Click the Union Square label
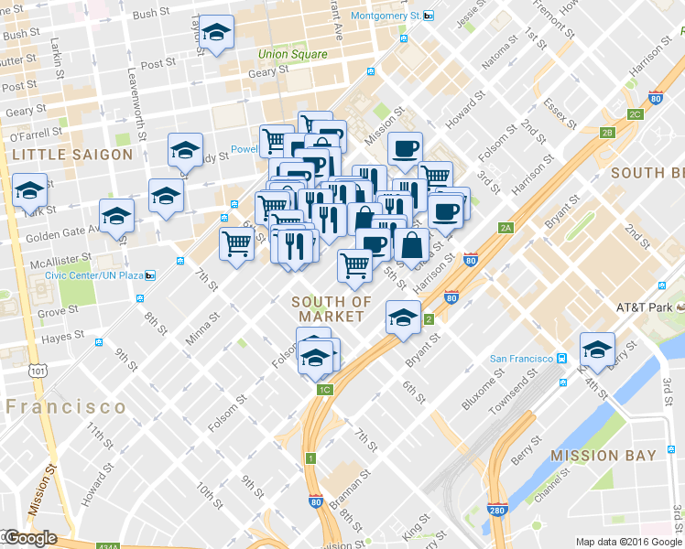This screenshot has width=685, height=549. (x=292, y=54)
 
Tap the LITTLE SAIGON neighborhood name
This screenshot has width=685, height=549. (x=72, y=155)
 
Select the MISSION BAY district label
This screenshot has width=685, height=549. (x=603, y=455)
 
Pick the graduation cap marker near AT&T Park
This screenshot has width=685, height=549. (x=597, y=349)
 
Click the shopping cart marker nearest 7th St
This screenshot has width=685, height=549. (x=236, y=243)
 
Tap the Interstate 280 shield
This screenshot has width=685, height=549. (x=497, y=509)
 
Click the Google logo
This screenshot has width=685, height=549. (x=30, y=538)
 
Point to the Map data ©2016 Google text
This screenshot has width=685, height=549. (x=629, y=542)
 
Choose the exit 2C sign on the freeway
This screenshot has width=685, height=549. (x=635, y=114)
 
